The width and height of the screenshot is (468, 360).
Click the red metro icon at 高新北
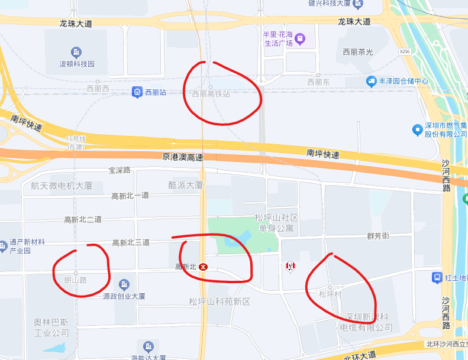point(203,267)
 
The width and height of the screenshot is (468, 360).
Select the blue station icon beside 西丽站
point(137,92)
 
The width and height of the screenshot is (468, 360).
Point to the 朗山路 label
point(75,280)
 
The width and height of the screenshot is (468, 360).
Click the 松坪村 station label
point(330,294)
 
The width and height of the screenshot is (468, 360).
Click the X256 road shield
point(405,51)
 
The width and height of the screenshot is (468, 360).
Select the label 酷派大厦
point(186,185)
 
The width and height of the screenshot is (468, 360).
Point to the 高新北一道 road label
point(130,196)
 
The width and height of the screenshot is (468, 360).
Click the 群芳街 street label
point(377,236)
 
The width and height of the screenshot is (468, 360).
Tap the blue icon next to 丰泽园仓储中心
point(372,82)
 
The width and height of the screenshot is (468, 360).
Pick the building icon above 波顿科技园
point(76,53)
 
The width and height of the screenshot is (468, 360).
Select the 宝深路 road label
point(119,170)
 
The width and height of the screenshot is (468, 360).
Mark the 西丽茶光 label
point(358,52)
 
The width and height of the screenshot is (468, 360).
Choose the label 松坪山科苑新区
point(220,302)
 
